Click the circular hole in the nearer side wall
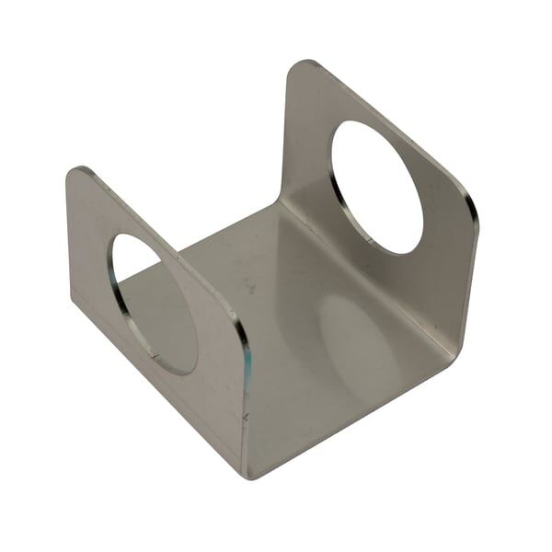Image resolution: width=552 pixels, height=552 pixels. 155,302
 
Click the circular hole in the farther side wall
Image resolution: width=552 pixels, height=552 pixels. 376,187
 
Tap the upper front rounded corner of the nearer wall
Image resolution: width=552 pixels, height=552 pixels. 241,332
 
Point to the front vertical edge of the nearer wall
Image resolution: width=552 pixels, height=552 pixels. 246,405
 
